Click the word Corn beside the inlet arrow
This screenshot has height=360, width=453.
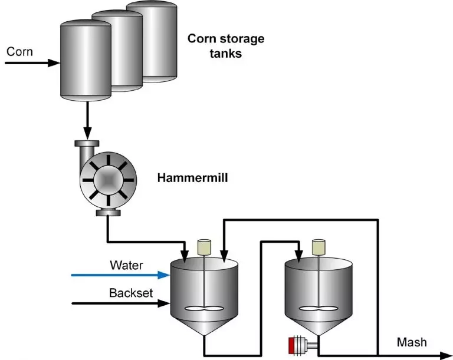pyautogui.click(x=19, y=51)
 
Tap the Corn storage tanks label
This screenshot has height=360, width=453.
pyautogui.click(x=226, y=46)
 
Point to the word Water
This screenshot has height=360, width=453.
pyautogui.click(x=126, y=265)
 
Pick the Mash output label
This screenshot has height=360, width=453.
pyautogui.click(x=412, y=342)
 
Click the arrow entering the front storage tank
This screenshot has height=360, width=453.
pyautogui.click(x=32, y=61)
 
